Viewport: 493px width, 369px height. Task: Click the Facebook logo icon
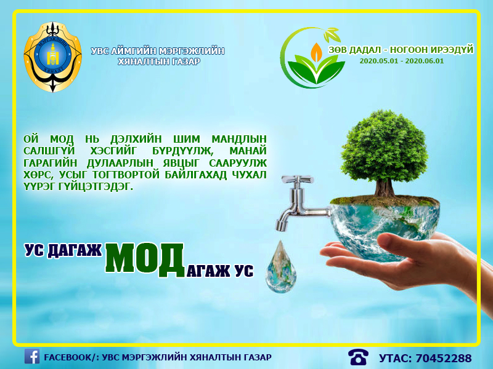[x=32, y=357]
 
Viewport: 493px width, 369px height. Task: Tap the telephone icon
[x=358, y=357]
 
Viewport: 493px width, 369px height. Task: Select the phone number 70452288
[x=444, y=358]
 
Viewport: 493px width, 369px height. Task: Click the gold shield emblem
[x=52, y=57]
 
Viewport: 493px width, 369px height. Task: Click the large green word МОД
[x=145, y=260]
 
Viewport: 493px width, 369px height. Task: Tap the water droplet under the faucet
[x=281, y=267]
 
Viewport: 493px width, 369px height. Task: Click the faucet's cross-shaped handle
[x=297, y=180]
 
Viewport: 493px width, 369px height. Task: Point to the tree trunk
[x=384, y=188]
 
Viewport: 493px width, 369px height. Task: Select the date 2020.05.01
[x=378, y=61]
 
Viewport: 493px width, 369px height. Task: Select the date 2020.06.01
[x=424, y=61]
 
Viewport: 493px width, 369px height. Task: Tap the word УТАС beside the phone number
[x=394, y=358]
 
